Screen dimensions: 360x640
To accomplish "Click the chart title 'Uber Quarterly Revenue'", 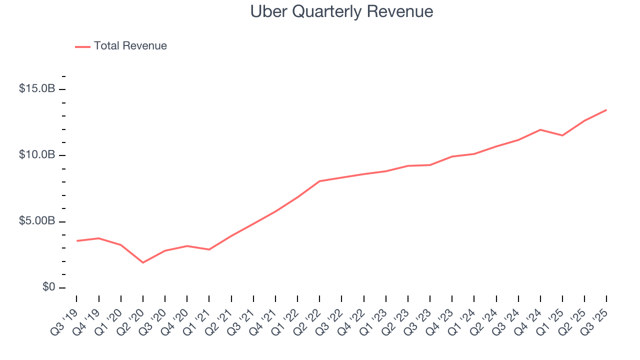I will pyautogui.click(x=341, y=11).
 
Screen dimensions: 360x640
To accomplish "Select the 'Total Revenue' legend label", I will pyautogui.click(x=130, y=46).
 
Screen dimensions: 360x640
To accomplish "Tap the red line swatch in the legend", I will pyautogui.click(x=82, y=46).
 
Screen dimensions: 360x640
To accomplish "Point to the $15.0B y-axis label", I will pyautogui.click(x=37, y=89).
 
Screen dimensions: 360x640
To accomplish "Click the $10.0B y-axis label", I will pyautogui.click(x=37, y=155).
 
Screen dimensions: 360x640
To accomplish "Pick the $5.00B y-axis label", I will pyautogui.click(x=37, y=221).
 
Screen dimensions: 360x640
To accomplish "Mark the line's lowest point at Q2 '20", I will pyautogui.click(x=143, y=262).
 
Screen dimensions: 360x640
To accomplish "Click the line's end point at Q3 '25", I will pyautogui.click(x=606, y=110).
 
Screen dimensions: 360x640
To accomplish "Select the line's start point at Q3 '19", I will pyautogui.click(x=76, y=241).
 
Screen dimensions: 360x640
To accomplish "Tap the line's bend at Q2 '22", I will pyautogui.click(x=319, y=181).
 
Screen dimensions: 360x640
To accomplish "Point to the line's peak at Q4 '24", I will pyautogui.click(x=540, y=129).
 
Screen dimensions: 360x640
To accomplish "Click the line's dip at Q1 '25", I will pyautogui.click(x=562, y=135).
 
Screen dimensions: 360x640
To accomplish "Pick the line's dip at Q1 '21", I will pyautogui.click(x=209, y=249).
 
